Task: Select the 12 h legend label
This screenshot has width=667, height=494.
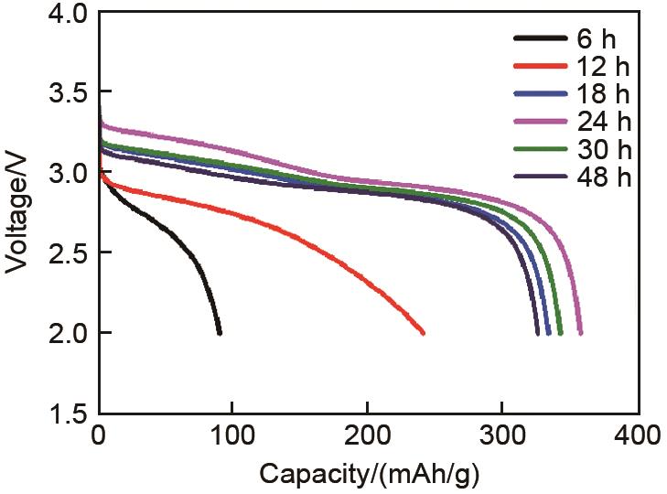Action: [605, 66]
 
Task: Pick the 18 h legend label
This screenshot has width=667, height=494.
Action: [605, 93]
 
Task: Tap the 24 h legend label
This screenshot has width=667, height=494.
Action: [605, 121]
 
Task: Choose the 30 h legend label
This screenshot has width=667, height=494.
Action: [605, 148]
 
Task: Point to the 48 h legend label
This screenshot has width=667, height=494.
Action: [605, 176]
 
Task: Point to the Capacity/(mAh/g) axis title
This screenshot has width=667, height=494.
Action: [369, 474]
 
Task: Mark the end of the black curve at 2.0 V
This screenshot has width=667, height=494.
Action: [219, 333]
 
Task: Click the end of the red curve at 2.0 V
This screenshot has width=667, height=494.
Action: [423, 333]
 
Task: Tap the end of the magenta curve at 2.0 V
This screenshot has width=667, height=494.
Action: [580, 333]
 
